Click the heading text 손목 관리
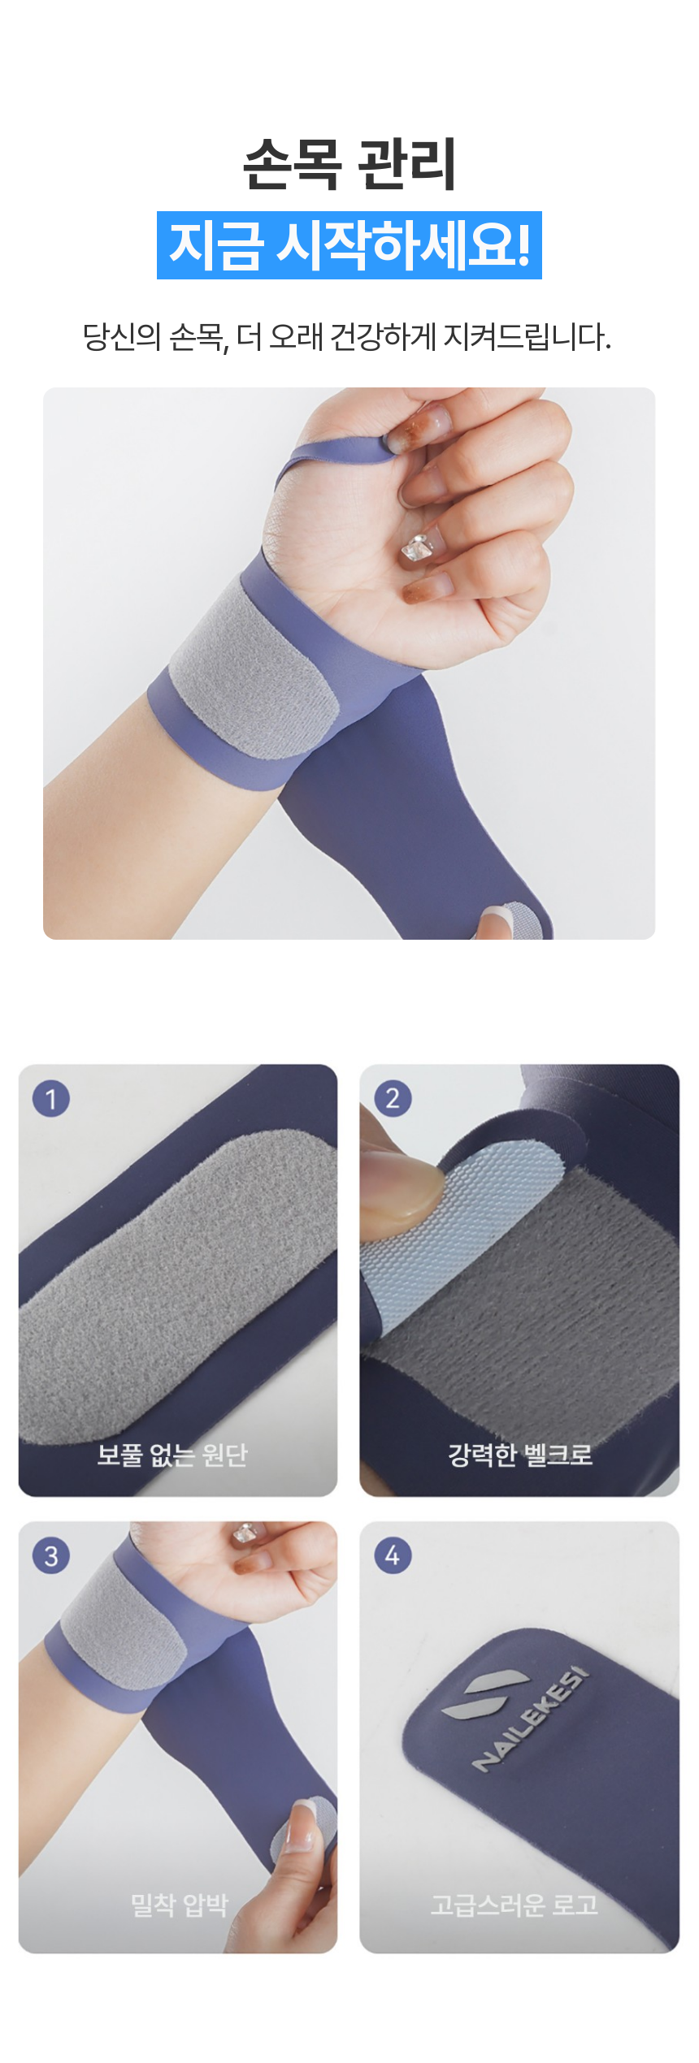[349, 164]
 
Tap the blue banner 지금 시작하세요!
[349, 245]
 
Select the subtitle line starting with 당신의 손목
[347, 336]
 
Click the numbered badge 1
[51, 1098]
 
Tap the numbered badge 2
[393, 1098]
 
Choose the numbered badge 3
[51, 1555]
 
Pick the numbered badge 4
[393, 1555]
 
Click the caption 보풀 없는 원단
[172, 1454]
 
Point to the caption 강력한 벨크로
[520, 1454]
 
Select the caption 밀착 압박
[180, 1905]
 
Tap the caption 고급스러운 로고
[514, 1905]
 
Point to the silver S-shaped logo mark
[475, 1694]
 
